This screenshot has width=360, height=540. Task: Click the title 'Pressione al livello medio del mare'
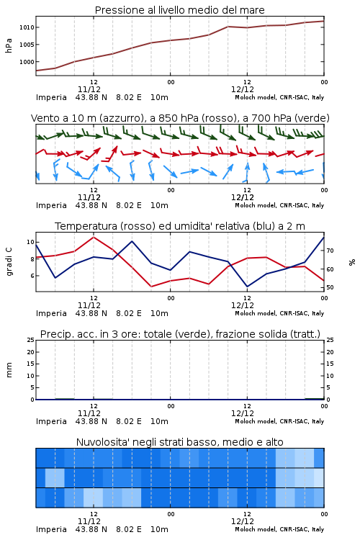point(179,10)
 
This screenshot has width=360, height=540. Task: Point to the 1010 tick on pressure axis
point(27,27)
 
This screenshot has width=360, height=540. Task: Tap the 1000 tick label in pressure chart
point(27,62)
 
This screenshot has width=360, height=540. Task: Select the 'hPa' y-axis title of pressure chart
point(9,45)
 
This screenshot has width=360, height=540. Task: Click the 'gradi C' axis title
point(9,262)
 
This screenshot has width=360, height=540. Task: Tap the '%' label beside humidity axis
point(352,262)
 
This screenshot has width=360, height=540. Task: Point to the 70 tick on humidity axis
point(330,251)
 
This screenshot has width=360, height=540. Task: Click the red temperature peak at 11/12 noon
point(94,237)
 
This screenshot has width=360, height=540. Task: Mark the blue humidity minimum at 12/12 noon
point(247,287)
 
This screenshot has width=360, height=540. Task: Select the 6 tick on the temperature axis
point(32,276)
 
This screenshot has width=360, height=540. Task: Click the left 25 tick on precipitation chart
point(31,340)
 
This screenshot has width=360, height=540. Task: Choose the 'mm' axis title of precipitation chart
point(9,370)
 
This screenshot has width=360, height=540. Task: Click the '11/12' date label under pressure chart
point(89,89)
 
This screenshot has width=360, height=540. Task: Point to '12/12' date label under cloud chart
point(243,521)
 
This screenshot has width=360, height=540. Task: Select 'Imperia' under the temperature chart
point(51,313)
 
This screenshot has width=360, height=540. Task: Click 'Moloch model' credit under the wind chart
point(256,205)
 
